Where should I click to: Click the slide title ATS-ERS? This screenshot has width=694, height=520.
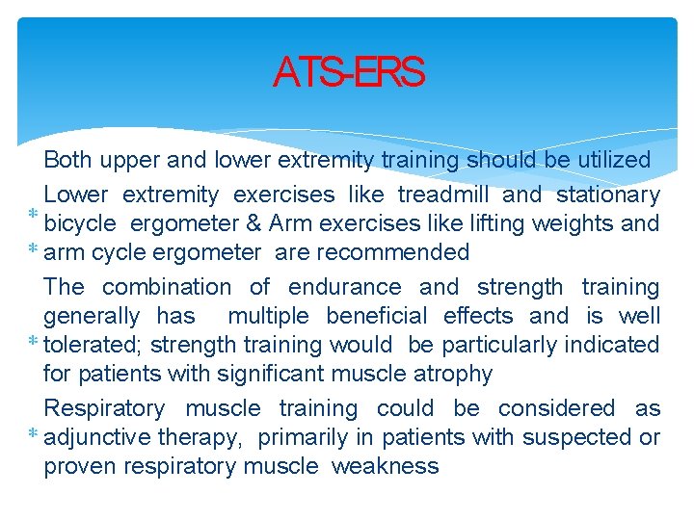348,72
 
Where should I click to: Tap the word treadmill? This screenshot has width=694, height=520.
443,195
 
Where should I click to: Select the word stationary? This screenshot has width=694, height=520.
608,195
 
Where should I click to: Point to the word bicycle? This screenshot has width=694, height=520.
80,223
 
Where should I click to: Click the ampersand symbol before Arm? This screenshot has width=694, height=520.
254,223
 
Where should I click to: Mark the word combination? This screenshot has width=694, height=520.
166,287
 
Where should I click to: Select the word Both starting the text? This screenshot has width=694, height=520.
67,160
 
